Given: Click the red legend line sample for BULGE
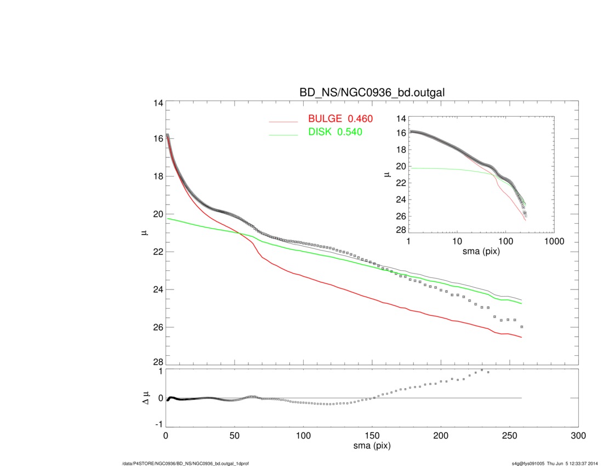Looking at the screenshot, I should coord(283,121).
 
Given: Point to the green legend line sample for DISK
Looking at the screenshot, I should coord(283,134).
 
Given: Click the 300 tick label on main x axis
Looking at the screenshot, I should coord(578,436).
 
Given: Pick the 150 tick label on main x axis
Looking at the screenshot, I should coord(372,436).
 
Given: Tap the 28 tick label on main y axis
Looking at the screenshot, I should coord(158,363).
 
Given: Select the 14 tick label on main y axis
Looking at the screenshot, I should coord(158,104).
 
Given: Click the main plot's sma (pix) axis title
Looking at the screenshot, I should coord(372,447).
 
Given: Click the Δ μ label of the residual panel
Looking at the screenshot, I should coord(145,398).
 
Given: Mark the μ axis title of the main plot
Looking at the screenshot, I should coord(145,233).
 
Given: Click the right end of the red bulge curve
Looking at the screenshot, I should coord(521,337).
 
